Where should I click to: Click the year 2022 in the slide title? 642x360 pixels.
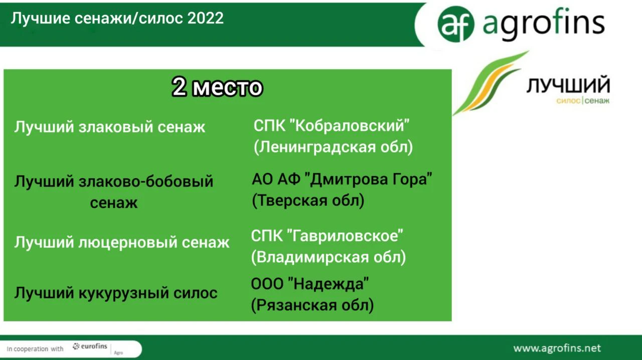coord(205,19)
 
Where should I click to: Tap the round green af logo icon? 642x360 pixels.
coord(456,24)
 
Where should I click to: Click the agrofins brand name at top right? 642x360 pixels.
coord(544,24)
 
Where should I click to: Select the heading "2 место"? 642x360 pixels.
coord(217,87)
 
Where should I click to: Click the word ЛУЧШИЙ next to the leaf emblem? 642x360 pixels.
coord(568,85)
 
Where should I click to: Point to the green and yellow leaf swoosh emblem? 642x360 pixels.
coord(491,83)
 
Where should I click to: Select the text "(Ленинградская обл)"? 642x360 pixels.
coord(334,147)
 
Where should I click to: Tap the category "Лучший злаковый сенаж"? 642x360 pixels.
coord(110,127)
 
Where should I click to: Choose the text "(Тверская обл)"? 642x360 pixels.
coord(308,200)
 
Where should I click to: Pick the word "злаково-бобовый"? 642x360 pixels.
coord(146,182)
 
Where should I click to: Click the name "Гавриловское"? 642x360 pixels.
coord(345,236)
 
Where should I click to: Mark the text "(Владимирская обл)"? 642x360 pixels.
coord(329,257)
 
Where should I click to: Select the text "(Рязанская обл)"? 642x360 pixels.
coord(312,305)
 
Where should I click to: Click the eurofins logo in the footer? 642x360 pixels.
coord(90,346)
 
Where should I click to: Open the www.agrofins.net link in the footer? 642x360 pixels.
coord(557,348)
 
